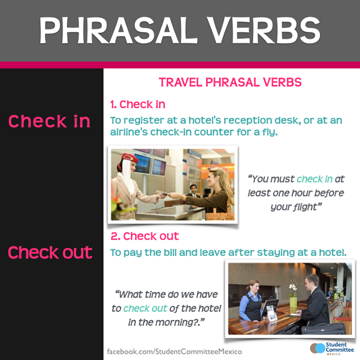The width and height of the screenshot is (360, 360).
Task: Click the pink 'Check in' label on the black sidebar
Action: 49,121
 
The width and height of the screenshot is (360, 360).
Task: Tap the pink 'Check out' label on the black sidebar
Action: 50,252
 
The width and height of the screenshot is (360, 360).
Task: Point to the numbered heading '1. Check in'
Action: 137,104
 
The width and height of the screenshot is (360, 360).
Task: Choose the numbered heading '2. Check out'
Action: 144,236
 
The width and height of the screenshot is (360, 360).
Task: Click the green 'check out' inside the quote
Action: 145,308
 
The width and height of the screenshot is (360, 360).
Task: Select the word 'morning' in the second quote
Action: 178,322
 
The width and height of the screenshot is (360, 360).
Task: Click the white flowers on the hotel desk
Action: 292,287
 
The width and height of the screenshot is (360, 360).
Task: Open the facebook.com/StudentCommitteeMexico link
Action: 174,351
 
